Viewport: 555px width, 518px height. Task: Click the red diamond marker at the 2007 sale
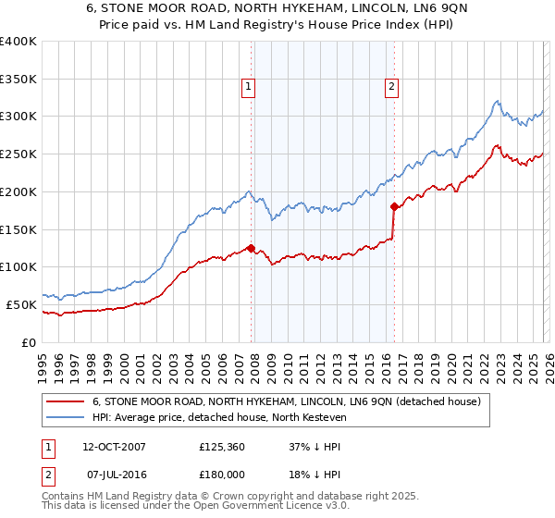tap(251, 247)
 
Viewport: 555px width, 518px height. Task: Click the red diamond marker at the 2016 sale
tap(394, 206)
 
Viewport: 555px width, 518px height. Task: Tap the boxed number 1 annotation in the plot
tap(250, 88)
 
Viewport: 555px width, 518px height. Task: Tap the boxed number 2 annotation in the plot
tap(391, 88)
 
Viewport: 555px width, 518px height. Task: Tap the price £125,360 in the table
tap(223, 447)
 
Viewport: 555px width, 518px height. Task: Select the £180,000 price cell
tap(223, 475)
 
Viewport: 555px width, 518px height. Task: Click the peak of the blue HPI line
tap(497, 101)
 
